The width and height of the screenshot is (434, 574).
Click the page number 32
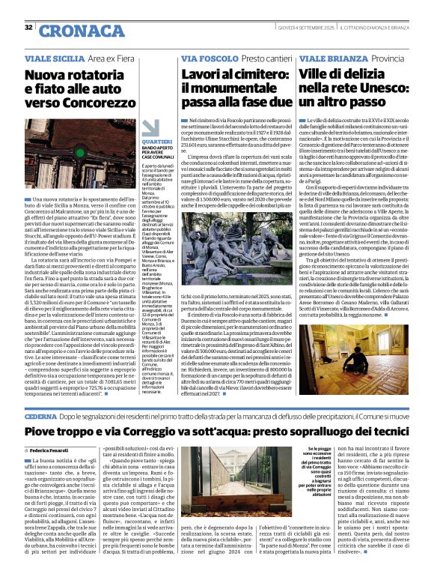[28, 28]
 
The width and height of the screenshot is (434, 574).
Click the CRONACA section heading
[72, 30]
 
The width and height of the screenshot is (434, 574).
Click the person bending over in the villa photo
[330, 366]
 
